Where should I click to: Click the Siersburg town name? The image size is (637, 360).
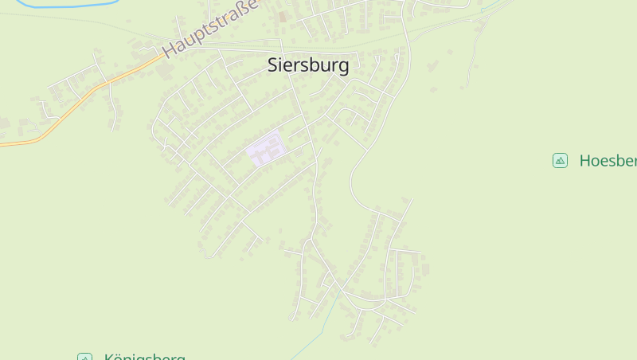pos(308,65)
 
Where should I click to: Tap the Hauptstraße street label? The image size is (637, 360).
pos(210,29)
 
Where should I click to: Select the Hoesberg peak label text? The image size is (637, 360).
pos(608,161)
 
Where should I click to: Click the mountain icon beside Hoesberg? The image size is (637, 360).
pos(560,161)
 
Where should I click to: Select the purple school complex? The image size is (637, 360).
pos(266,150)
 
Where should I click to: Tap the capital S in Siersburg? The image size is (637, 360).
pos(273,65)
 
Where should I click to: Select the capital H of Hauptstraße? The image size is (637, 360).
pos(168,52)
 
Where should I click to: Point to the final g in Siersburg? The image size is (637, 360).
pos(343,67)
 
